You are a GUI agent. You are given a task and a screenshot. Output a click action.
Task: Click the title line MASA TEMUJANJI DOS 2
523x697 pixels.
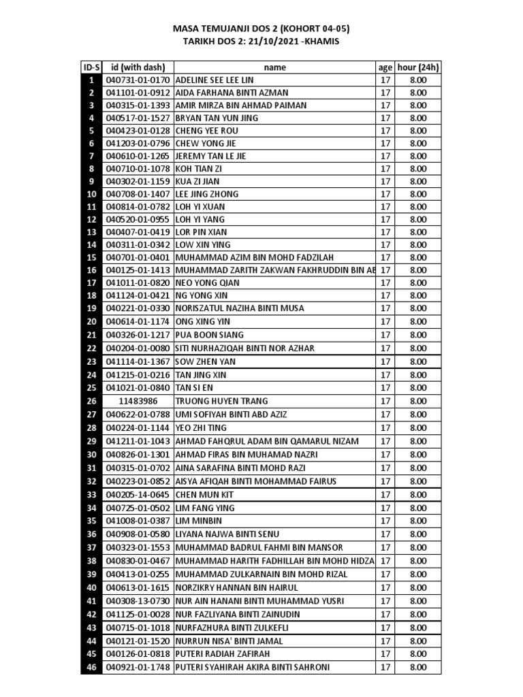point(261,29)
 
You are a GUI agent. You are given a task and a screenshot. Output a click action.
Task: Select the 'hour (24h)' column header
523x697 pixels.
point(418,67)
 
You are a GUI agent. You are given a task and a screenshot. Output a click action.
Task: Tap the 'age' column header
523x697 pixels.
point(385,67)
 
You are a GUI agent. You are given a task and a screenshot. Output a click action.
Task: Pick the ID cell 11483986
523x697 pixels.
point(138,401)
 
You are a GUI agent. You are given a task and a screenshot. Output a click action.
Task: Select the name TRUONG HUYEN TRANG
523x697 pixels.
point(222,401)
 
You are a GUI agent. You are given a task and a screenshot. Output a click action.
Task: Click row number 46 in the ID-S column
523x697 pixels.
point(91,668)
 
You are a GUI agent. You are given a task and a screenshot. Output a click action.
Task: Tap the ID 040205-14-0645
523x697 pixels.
point(138,495)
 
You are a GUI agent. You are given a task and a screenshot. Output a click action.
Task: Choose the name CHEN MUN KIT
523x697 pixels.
point(204,495)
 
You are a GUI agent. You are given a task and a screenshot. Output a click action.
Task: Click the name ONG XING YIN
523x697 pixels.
point(203,321)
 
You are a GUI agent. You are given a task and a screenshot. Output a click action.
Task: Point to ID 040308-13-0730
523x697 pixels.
point(138,601)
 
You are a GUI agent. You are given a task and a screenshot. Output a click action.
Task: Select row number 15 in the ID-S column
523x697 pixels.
point(91,258)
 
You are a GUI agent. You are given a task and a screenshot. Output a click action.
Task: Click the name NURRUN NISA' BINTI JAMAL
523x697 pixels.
point(229,641)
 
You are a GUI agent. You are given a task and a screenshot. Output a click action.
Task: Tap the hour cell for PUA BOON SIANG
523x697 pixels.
point(418,335)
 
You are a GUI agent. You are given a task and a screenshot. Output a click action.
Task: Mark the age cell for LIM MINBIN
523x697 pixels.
point(385,521)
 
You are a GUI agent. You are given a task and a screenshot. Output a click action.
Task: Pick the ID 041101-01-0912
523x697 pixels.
point(138,93)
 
